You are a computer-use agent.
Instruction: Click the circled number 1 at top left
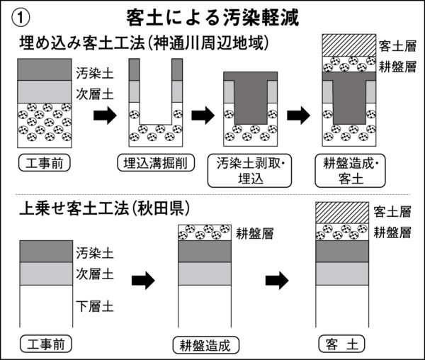pyautogui.click(x=21, y=15)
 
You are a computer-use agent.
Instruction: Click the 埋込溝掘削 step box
pyautogui.click(x=152, y=162)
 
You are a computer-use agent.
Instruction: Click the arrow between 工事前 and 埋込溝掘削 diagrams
pyautogui.click(x=105, y=115)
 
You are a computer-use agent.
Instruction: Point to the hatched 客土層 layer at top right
pyautogui.click(x=344, y=45)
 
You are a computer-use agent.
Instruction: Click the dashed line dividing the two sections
pyautogui.click(x=212, y=193)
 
